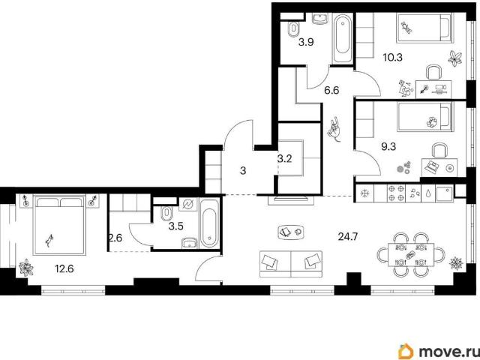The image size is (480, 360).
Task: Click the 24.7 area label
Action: point(348,237)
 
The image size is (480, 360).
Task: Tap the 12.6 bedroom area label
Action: point(64,269)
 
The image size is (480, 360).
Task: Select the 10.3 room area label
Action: point(393,57)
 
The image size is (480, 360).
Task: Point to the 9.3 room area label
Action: point(388,147)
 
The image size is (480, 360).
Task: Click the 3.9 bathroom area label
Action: point(306,42)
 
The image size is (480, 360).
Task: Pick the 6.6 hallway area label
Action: point(331,91)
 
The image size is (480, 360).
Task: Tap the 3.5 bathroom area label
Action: point(176,226)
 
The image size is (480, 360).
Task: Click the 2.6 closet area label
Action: point(116,238)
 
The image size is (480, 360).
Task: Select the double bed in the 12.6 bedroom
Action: point(59,225)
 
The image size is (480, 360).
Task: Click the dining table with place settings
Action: point(411,254)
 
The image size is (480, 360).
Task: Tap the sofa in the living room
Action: point(291,264)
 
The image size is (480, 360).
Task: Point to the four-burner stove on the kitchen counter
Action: point(397,193)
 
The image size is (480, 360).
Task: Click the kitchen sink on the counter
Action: point(445,193)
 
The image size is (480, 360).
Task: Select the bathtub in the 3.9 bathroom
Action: point(343,39)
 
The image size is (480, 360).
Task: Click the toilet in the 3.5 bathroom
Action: point(166,214)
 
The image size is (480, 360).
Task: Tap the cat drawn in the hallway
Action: point(334,129)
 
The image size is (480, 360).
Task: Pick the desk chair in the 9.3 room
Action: point(439,151)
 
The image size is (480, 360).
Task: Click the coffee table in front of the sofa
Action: point(291,232)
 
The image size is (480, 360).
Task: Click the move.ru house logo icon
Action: point(406,352)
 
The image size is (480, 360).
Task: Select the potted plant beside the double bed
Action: point(26,268)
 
